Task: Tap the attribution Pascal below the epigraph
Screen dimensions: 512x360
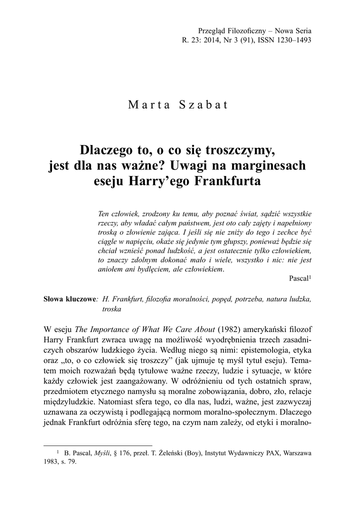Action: (299, 278)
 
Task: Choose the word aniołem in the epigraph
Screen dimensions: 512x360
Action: (111, 269)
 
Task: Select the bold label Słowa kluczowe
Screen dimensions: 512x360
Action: (69, 299)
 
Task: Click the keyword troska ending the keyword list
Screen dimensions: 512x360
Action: (112, 309)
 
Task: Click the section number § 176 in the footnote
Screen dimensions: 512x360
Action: (125, 453)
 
